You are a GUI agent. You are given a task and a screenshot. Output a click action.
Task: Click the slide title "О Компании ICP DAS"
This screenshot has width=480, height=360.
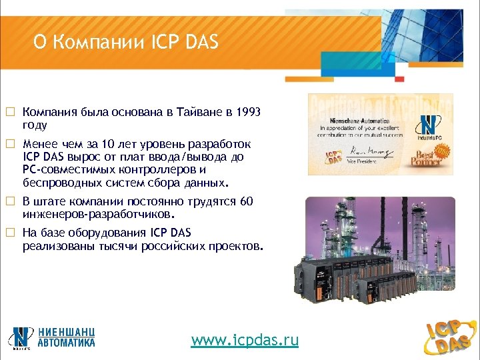[x=126, y=43]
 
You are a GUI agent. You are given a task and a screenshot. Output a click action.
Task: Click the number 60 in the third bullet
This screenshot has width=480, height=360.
[x=246, y=201]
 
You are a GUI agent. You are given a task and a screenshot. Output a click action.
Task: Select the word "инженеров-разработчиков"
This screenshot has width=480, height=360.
[x=97, y=215]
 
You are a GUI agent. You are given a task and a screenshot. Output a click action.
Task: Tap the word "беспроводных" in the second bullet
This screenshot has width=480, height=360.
[x=62, y=183]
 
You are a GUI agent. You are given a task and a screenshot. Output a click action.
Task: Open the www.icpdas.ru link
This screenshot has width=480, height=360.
[x=245, y=340]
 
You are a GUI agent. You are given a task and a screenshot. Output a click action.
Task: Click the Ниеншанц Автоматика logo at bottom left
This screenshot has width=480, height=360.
[x=52, y=336]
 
